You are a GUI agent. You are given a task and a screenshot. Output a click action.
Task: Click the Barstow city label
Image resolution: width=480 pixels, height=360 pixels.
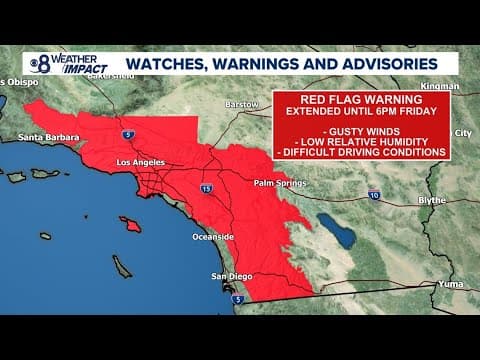point(243,104)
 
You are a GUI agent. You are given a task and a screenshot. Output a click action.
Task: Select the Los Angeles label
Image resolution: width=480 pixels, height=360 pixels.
point(139,162)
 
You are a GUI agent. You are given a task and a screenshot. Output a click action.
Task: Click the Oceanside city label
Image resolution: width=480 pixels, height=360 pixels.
point(213,236)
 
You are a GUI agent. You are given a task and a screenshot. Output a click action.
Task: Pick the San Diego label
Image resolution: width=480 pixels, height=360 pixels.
point(231,276)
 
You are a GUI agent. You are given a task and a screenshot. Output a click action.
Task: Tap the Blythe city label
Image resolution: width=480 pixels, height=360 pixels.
point(431,200)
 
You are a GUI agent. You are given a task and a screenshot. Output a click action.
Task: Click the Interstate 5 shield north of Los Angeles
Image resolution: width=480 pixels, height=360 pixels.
point(126,133)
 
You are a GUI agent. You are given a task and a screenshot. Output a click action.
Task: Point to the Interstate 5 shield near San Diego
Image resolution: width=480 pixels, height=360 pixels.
point(237,298)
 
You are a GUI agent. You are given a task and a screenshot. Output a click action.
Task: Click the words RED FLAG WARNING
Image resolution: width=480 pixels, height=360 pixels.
point(361,99)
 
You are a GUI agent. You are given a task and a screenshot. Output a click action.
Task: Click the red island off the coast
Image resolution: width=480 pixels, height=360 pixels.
point(131,224)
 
